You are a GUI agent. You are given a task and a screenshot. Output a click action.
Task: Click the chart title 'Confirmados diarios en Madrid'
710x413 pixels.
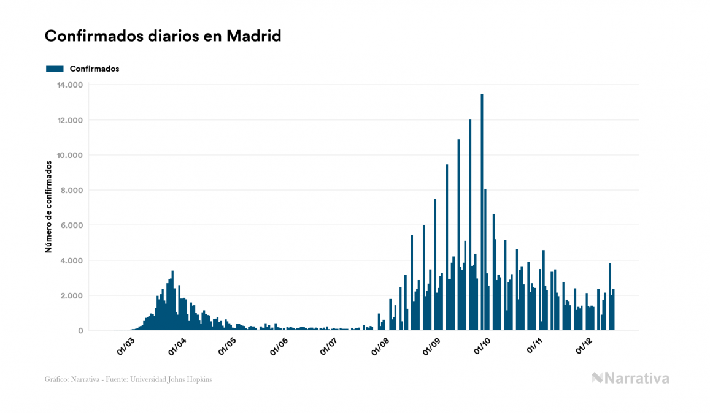coord(163,36)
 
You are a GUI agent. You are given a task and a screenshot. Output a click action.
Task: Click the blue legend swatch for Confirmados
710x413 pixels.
coord(55,69)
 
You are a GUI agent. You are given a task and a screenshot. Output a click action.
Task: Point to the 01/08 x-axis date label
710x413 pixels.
coord(380,344)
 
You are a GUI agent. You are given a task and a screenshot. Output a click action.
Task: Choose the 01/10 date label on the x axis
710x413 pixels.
coord(483,344)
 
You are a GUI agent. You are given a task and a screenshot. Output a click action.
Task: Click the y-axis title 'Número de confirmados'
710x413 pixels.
coord(48,207)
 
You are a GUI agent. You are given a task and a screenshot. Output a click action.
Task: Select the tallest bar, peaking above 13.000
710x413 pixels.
coord(482,214)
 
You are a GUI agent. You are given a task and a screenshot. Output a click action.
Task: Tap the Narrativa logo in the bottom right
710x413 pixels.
coord(630,378)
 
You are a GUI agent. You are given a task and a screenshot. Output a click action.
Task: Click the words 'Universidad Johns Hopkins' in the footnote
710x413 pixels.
coord(182,379)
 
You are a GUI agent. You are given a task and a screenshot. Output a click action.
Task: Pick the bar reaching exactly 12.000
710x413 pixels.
coord(470,227)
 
